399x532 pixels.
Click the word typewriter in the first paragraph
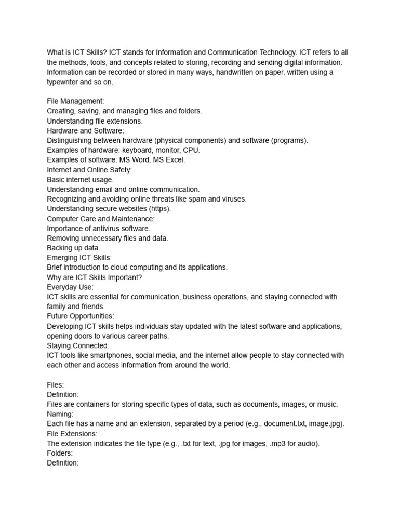point(64,82)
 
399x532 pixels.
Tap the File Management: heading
point(75,101)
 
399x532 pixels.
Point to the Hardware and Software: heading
point(85,130)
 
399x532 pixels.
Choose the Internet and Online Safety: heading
point(89,170)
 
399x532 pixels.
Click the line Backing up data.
point(73,248)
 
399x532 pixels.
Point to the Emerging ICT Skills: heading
point(79,258)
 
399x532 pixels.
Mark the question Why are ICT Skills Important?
point(94,277)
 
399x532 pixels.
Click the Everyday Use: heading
point(70,287)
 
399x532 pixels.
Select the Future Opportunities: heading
point(81,316)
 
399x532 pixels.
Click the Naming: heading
point(60,414)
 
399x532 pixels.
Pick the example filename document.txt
point(284,423)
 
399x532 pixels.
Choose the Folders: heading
point(60,453)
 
